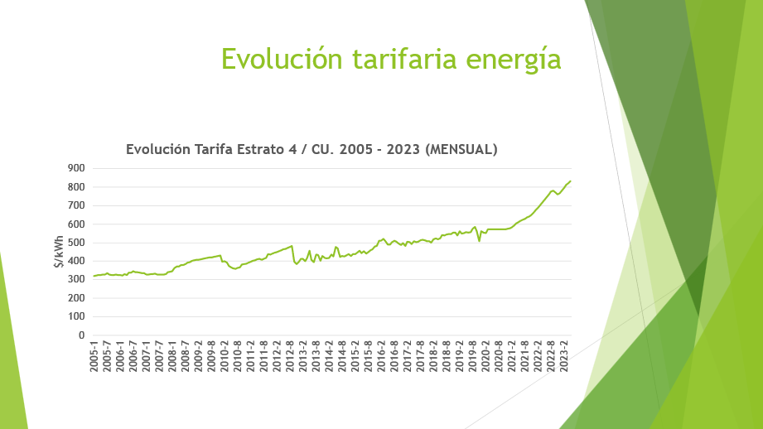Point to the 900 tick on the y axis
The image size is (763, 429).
(x=75, y=168)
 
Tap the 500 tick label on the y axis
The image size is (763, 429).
(x=75, y=243)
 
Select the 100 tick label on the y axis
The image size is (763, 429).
(x=75, y=316)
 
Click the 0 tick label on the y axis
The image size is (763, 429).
(x=81, y=335)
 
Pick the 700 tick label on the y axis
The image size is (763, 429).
(x=75, y=205)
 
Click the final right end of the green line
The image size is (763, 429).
(x=571, y=181)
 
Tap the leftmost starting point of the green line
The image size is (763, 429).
(x=94, y=276)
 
